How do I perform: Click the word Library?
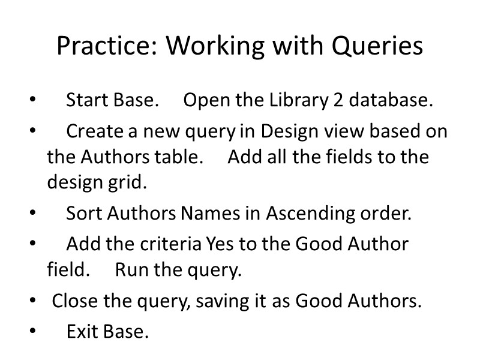[298, 100]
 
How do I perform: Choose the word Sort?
[81, 214]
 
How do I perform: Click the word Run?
[131, 270]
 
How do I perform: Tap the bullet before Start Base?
[32, 100]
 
